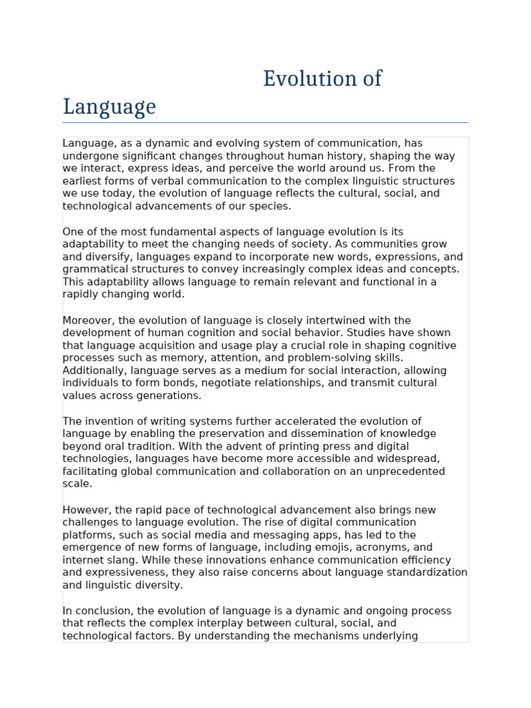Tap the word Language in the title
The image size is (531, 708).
[x=109, y=107]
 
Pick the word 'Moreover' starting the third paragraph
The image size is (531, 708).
[x=87, y=320]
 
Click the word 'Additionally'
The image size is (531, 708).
[x=91, y=370]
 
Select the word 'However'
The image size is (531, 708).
[x=84, y=510]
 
